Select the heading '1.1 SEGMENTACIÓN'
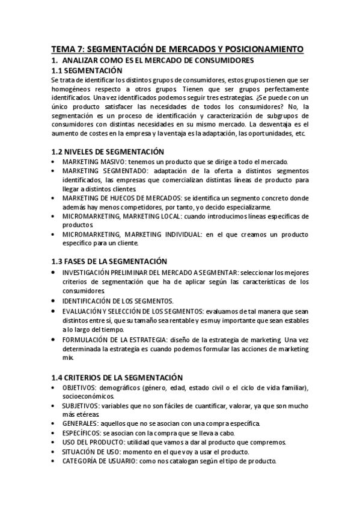91,70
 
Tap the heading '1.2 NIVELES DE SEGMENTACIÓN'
108,152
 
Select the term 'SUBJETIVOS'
80,407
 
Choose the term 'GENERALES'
80,423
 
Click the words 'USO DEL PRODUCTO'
91,442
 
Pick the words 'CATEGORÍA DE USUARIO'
99,461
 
